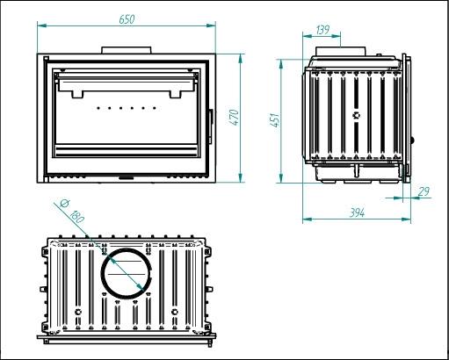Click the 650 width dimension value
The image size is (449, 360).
tap(127, 19)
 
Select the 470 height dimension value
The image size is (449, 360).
tap(235, 117)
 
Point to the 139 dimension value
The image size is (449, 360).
tap(323, 30)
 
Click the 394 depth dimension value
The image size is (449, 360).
tap(358, 212)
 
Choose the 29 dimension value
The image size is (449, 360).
tap(424, 191)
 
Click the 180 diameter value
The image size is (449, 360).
tap(77, 217)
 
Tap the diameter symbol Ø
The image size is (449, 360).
tap(64, 203)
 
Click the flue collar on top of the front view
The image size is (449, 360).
tap(127, 50)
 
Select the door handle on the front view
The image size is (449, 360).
tap(210, 126)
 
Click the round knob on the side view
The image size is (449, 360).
tap(412, 140)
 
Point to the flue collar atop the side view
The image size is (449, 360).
tap(341, 51)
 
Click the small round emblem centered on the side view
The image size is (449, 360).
tap(356, 115)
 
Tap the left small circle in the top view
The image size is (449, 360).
tap(78, 312)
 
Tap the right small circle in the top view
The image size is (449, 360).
tap(175, 312)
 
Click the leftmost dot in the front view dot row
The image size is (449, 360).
tap(98, 108)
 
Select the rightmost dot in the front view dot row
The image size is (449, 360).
tap(155, 108)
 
